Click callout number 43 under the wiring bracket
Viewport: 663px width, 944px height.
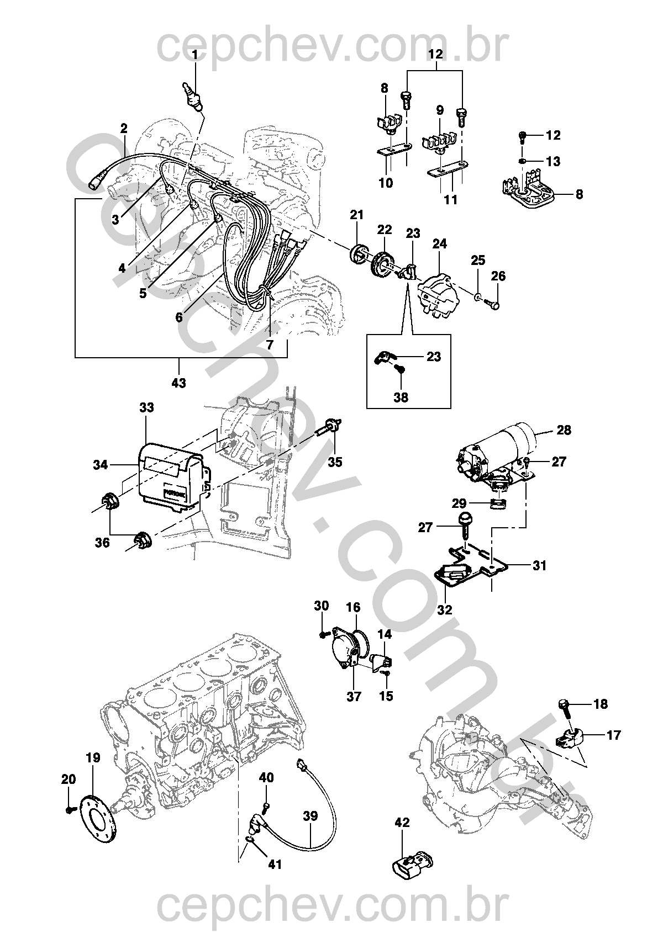(179, 382)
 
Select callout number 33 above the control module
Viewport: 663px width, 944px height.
(146, 408)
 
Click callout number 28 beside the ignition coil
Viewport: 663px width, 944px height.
(564, 429)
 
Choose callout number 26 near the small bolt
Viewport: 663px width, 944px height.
(498, 276)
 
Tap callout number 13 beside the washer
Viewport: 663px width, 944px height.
(553, 161)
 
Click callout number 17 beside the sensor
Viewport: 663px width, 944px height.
(613, 735)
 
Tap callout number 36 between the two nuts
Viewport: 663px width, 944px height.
(102, 543)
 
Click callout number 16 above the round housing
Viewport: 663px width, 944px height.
(353, 607)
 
